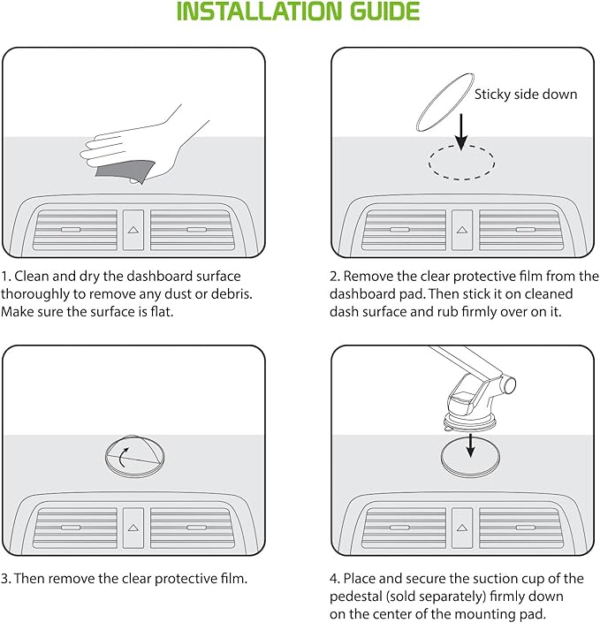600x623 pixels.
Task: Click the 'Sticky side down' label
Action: click(x=526, y=95)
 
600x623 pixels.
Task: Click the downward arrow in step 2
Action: click(x=461, y=132)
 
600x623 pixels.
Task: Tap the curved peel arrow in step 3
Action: click(x=122, y=457)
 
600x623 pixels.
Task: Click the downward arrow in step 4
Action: click(x=471, y=445)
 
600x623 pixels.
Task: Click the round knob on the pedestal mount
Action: click(x=509, y=384)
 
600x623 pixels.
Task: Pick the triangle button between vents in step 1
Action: click(x=133, y=230)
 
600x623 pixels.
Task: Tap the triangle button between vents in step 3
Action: click(x=133, y=528)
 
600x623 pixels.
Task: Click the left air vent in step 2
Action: click(x=404, y=230)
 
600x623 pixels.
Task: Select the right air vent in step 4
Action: click(x=521, y=528)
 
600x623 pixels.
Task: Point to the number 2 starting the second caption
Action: click(x=334, y=277)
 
